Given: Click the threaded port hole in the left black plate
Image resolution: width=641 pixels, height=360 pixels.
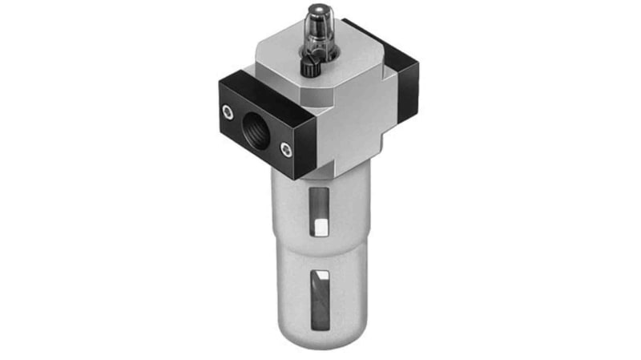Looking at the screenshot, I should [256, 127].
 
